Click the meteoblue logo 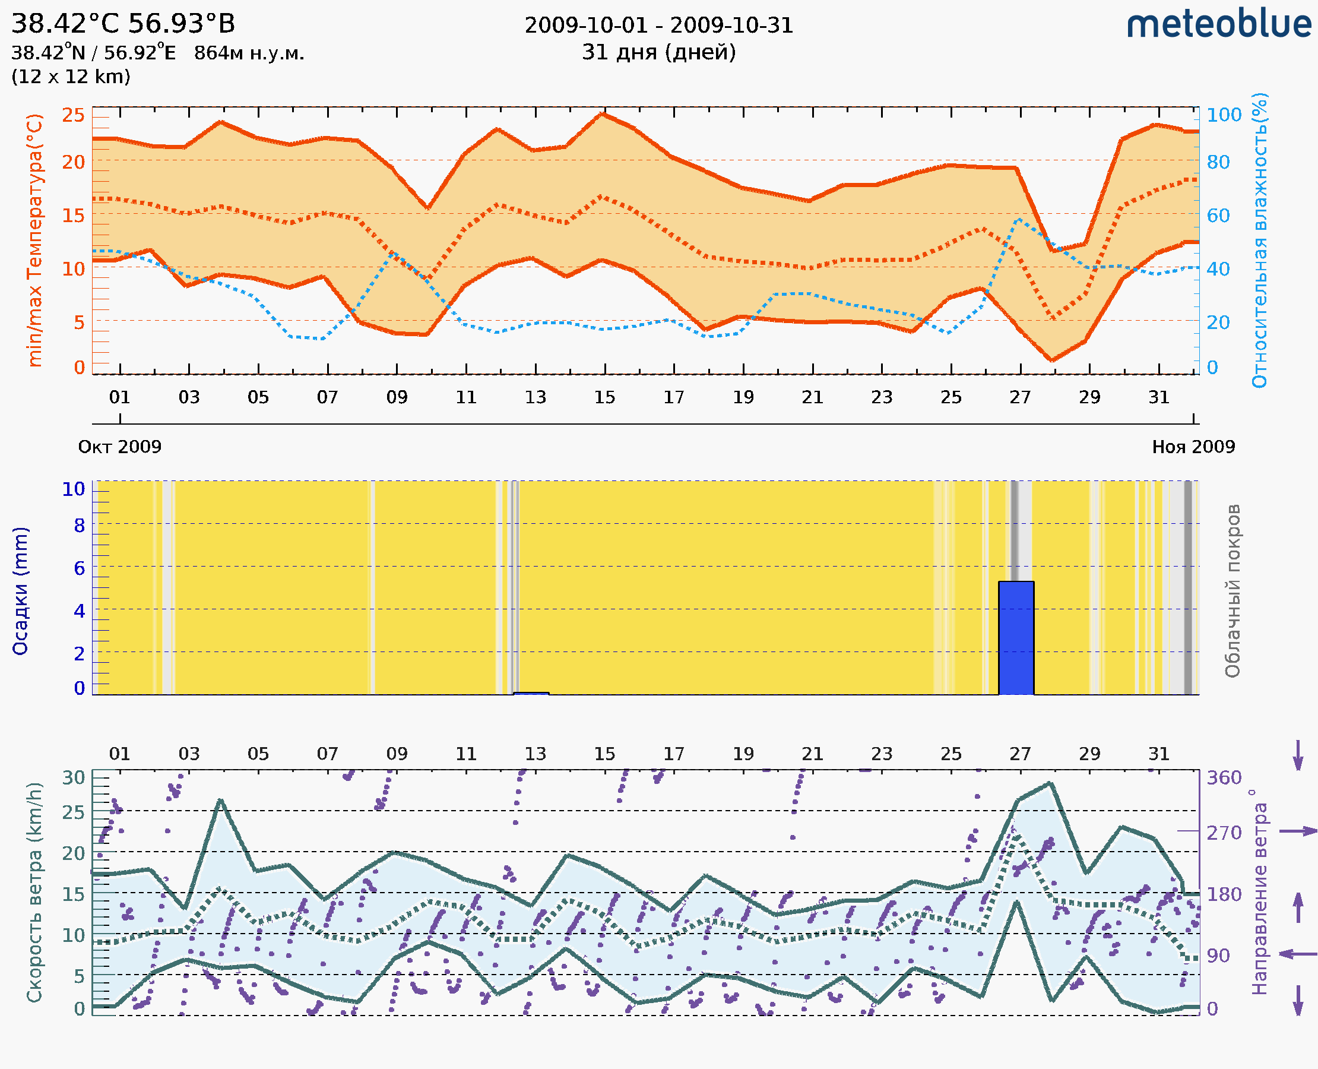pyautogui.click(x=1219, y=24)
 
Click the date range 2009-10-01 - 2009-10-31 pyautogui.click(x=658, y=26)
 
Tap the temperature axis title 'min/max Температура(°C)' pyautogui.click(x=35, y=240)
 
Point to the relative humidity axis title pyautogui.click(x=1259, y=240)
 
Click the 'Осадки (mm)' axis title pyautogui.click(x=20, y=591)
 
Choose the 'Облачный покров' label pyautogui.click(x=1233, y=591)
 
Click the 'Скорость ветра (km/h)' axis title pyautogui.click(x=34, y=893)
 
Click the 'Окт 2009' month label pyautogui.click(x=119, y=447)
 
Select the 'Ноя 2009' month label pyautogui.click(x=1194, y=447)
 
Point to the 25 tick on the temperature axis pyautogui.click(x=73, y=115)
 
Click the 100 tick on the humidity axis pyautogui.click(x=1224, y=115)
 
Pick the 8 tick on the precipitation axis pyautogui.click(x=80, y=525)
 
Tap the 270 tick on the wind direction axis pyautogui.click(x=1224, y=833)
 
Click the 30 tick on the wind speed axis pyautogui.click(x=73, y=777)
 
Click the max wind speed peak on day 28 pyautogui.click(x=1051, y=783)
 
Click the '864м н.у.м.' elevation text pyautogui.click(x=249, y=53)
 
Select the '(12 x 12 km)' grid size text pyautogui.click(x=71, y=77)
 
